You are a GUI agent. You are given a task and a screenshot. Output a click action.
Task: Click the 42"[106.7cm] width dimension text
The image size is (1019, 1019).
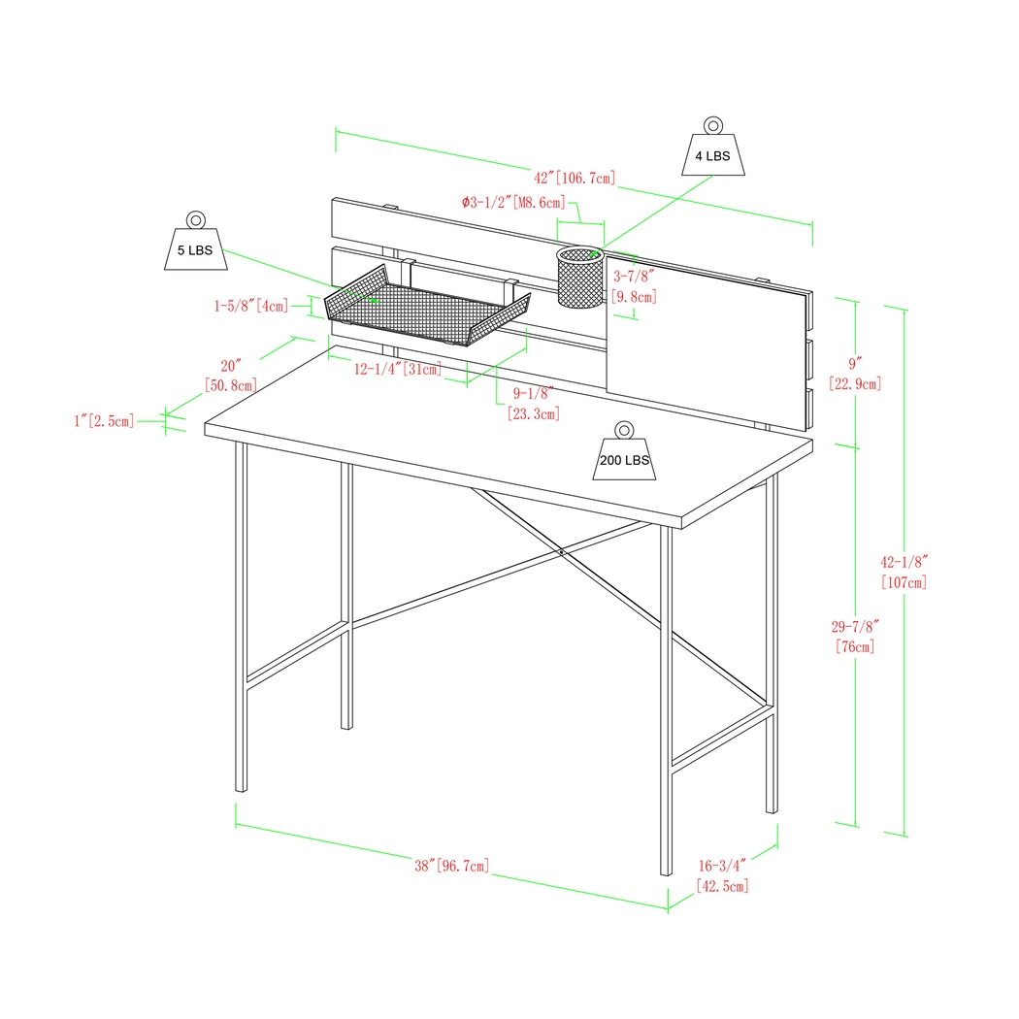pyautogui.click(x=575, y=178)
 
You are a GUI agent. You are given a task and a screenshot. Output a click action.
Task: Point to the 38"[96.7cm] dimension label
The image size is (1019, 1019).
pyautogui.click(x=451, y=865)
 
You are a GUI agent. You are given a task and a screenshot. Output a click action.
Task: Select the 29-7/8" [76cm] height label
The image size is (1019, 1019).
pyautogui.click(x=854, y=636)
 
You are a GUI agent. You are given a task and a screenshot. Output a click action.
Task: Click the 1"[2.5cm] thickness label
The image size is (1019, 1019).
pyautogui.click(x=104, y=420)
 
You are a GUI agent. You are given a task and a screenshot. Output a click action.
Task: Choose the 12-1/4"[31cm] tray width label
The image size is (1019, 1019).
pyautogui.click(x=397, y=369)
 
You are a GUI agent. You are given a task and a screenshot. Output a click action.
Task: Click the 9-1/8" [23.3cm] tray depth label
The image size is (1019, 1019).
pyautogui.click(x=533, y=404)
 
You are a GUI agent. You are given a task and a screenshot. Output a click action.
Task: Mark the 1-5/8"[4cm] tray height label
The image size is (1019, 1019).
pyautogui.click(x=251, y=306)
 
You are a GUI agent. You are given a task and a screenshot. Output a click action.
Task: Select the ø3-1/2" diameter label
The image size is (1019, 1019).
pyautogui.click(x=512, y=203)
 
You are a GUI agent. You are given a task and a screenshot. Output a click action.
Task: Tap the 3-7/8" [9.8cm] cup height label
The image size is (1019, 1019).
pyautogui.click(x=634, y=286)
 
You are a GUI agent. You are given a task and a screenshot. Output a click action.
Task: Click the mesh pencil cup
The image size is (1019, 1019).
pyautogui.click(x=581, y=279)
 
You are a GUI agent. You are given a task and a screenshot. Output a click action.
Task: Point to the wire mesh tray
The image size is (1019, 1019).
pyautogui.click(x=427, y=309)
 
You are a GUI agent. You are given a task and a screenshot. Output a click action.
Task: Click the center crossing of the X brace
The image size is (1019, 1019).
pyautogui.click(x=561, y=552)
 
